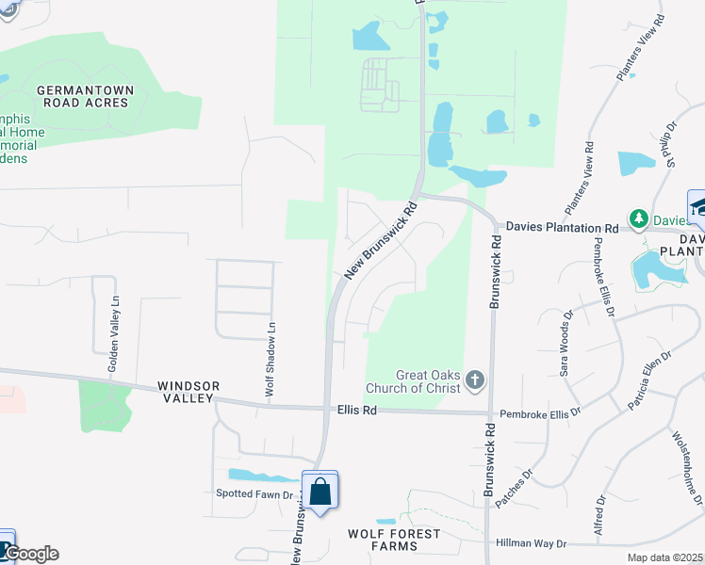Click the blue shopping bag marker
(320, 491)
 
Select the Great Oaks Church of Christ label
(415, 380)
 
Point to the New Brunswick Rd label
(381, 242)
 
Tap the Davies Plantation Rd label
(562, 228)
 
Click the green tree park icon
(639, 218)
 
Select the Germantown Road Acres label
(85, 96)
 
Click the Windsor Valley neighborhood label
(189, 393)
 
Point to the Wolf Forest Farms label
(394, 540)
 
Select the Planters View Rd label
(578, 177)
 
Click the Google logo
(30, 554)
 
